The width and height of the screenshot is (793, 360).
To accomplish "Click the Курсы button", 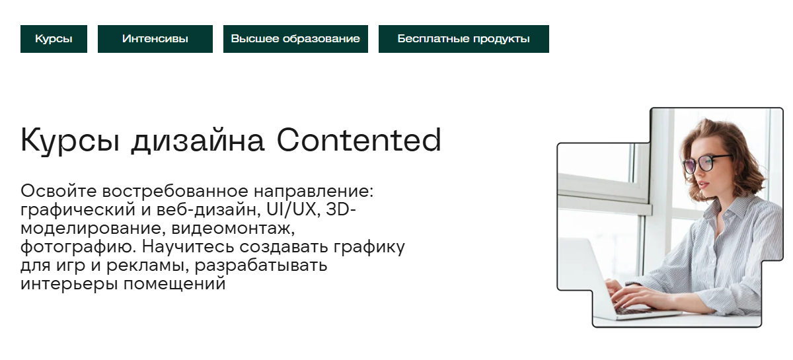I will [x=54, y=39].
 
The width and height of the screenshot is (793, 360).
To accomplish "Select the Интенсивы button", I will [x=155, y=39].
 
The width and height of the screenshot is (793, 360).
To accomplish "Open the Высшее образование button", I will [x=295, y=39].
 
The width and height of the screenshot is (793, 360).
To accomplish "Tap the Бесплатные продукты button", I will [x=463, y=39].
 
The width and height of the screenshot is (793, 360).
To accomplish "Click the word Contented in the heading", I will [x=359, y=140].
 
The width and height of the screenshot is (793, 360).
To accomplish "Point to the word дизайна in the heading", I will [x=201, y=141].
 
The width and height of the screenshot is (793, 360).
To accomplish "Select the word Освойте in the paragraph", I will [x=59, y=192].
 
